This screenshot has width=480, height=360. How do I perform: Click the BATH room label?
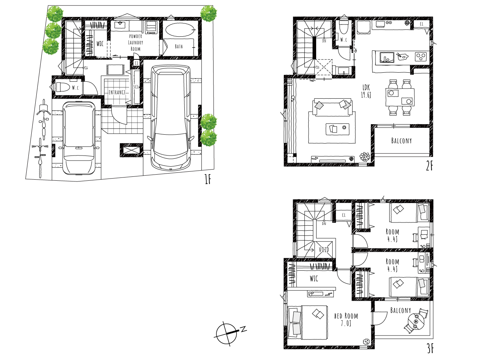[x=179, y=46]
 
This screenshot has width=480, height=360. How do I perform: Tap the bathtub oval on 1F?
[x=180, y=30]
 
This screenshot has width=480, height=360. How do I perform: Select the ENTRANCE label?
[x=117, y=92]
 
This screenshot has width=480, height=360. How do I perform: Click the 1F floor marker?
[x=208, y=179]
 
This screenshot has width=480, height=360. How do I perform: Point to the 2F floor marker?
[x=430, y=166]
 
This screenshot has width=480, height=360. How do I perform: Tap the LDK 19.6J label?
[x=366, y=91]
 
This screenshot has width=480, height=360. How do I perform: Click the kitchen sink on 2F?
[x=387, y=57]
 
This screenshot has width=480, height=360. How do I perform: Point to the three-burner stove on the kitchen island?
[x=421, y=57]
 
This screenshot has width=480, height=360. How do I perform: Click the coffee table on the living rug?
[x=337, y=129]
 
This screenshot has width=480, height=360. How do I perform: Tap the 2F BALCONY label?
[x=402, y=140]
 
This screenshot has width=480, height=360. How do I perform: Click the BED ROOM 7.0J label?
[x=346, y=319]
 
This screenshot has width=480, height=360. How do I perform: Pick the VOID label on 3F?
[x=324, y=249]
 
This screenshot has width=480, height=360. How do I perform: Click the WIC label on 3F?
[x=314, y=279]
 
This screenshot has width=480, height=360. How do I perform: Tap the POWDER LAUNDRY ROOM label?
[x=136, y=42]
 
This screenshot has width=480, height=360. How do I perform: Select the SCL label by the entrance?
[x=136, y=87]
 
